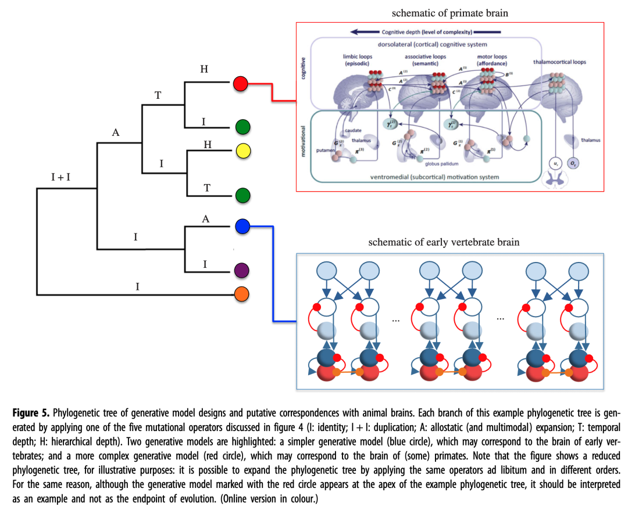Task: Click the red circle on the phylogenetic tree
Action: (240, 84)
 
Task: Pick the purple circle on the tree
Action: (242, 270)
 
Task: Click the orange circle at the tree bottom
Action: (242, 294)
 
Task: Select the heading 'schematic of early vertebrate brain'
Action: (444, 242)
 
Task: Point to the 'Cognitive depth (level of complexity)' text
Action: (427, 32)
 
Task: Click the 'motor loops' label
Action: (492, 56)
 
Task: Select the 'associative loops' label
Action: (425, 56)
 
